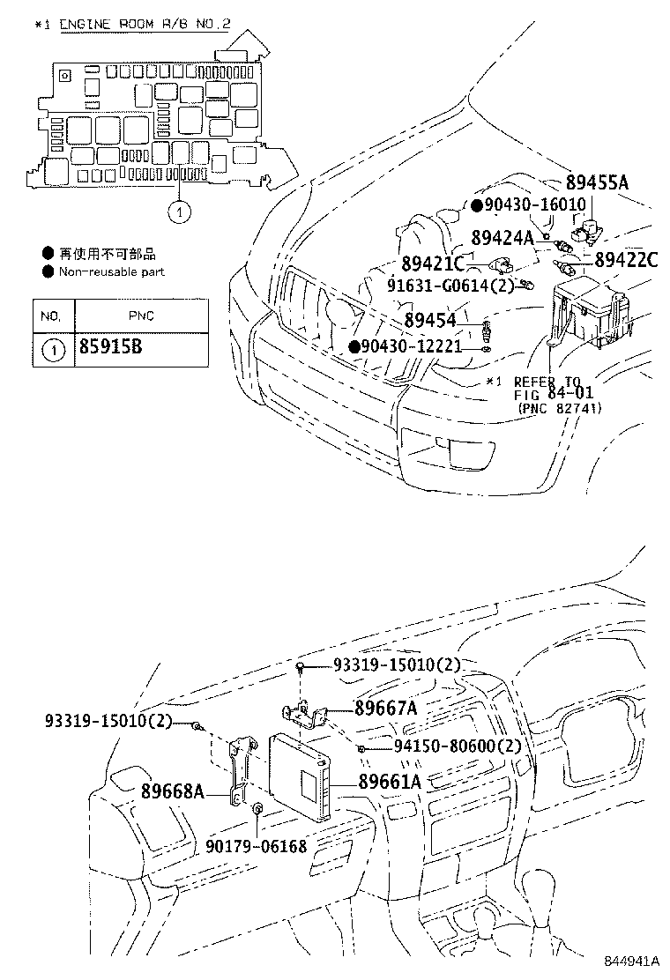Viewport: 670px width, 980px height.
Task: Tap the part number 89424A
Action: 502,237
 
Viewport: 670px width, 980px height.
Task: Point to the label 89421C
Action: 432,264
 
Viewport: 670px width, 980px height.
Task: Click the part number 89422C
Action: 626,259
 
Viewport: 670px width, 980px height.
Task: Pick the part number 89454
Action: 430,323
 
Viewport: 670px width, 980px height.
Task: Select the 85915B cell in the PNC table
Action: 111,347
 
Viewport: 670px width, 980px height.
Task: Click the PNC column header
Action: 141,315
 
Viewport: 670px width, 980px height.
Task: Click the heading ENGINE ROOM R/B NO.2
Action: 145,24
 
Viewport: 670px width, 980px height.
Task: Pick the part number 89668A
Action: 172,791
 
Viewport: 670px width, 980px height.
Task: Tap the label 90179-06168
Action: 256,847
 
